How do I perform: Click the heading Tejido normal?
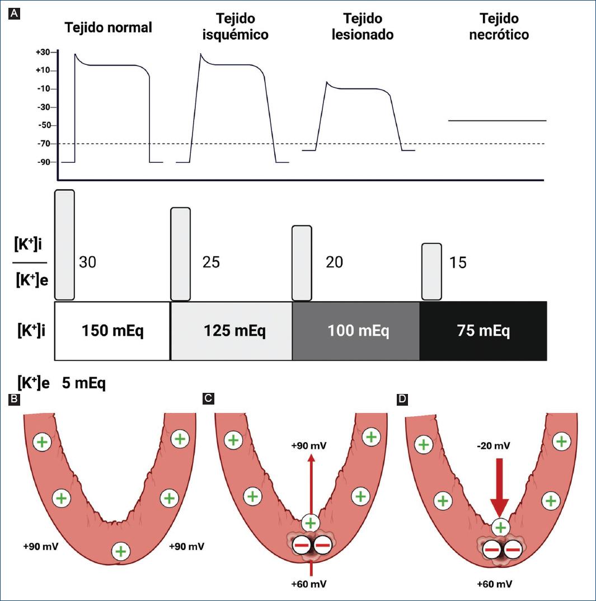pos(108,27)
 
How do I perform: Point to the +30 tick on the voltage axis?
pos(43,52)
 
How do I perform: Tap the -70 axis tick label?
pos(43,144)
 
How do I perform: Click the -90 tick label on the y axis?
pos(43,162)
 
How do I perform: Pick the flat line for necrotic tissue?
pos(497,120)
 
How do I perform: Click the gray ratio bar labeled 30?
pos(65,245)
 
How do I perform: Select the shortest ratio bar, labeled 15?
pos(431,271)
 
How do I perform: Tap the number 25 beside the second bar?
pos(210,262)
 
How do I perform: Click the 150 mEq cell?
pos(112,331)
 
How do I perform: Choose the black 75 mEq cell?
pos(482,331)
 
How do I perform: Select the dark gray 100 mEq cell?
pos(356,331)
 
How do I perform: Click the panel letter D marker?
pos(401,398)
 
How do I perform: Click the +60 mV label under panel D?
pos(494,584)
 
